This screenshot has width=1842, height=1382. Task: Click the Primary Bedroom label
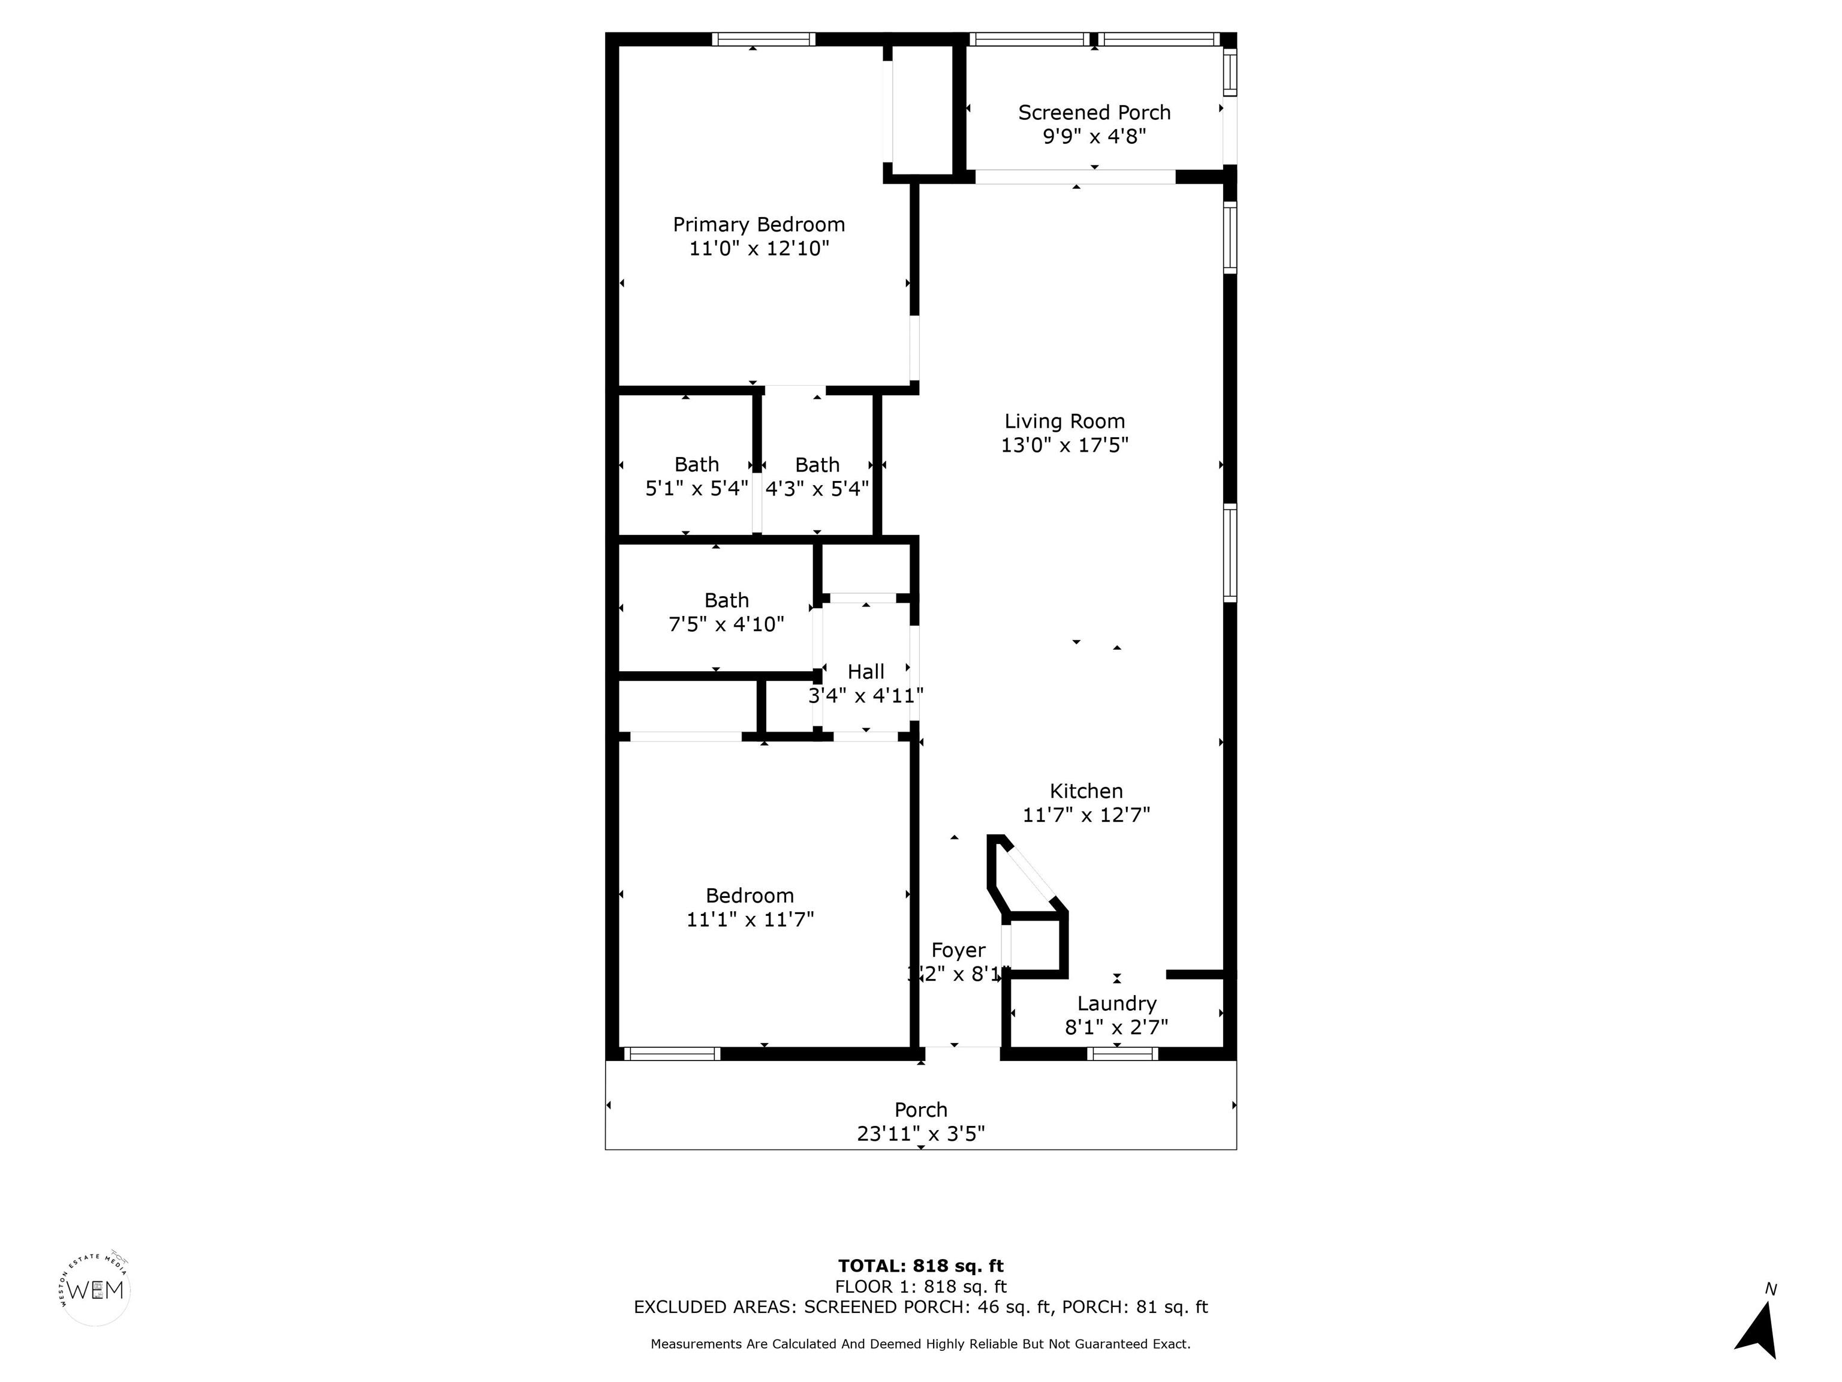[x=758, y=225]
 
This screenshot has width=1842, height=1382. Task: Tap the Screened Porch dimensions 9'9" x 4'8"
[x=1094, y=136]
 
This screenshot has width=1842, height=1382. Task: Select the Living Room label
[x=1064, y=422]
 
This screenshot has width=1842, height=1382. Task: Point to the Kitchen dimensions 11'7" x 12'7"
[x=1086, y=815]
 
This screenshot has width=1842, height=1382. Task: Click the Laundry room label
[x=1116, y=1003]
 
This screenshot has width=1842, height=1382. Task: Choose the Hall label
[x=866, y=671]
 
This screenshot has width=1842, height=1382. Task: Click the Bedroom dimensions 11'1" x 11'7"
[x=750, y=920]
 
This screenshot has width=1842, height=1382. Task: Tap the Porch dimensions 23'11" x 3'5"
[x=920, y=1134]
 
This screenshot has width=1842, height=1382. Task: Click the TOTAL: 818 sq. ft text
[x=920, y=1266]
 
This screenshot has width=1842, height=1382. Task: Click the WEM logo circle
[x=96, y=1290]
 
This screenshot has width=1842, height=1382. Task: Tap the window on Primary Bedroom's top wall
[x=764, y=39]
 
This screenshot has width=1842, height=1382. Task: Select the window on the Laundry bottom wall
[x=1122, y=1054]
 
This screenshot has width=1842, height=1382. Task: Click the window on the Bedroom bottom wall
[x=672, y=1054]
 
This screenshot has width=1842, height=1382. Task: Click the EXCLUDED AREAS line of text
[x=920, y=1307]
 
